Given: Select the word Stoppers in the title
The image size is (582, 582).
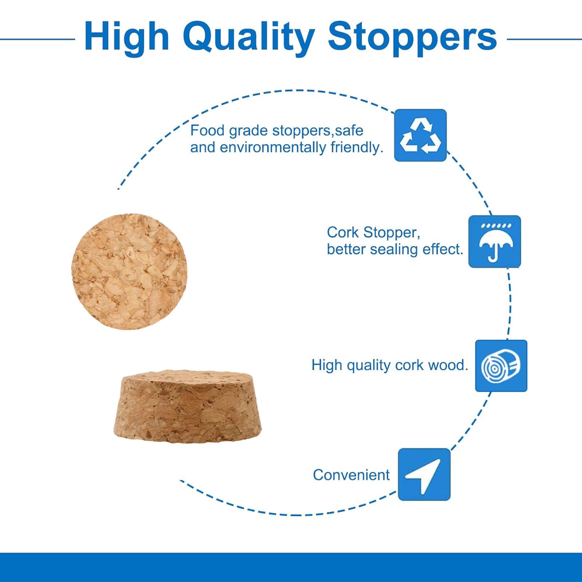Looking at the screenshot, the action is [x=412, y=38].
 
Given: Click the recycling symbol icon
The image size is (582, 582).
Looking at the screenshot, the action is [x=420, y=135].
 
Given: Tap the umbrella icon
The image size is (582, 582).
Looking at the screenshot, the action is [x=495, y=242].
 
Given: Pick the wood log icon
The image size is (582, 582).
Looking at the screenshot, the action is [x=501, y=366].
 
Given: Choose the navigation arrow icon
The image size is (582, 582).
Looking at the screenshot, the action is [x=424, y=474].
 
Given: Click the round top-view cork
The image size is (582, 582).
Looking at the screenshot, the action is [x=129, y=272].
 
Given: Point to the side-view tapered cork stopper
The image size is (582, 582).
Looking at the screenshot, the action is [x=188, y=407].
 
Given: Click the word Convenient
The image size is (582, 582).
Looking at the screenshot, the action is [x=351, y=475].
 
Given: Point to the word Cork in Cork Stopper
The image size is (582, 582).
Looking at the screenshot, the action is [x=343, y=232].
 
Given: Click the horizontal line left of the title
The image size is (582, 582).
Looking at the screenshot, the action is [x=37, y=39].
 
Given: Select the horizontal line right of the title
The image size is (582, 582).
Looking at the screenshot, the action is [x=544, y=39].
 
